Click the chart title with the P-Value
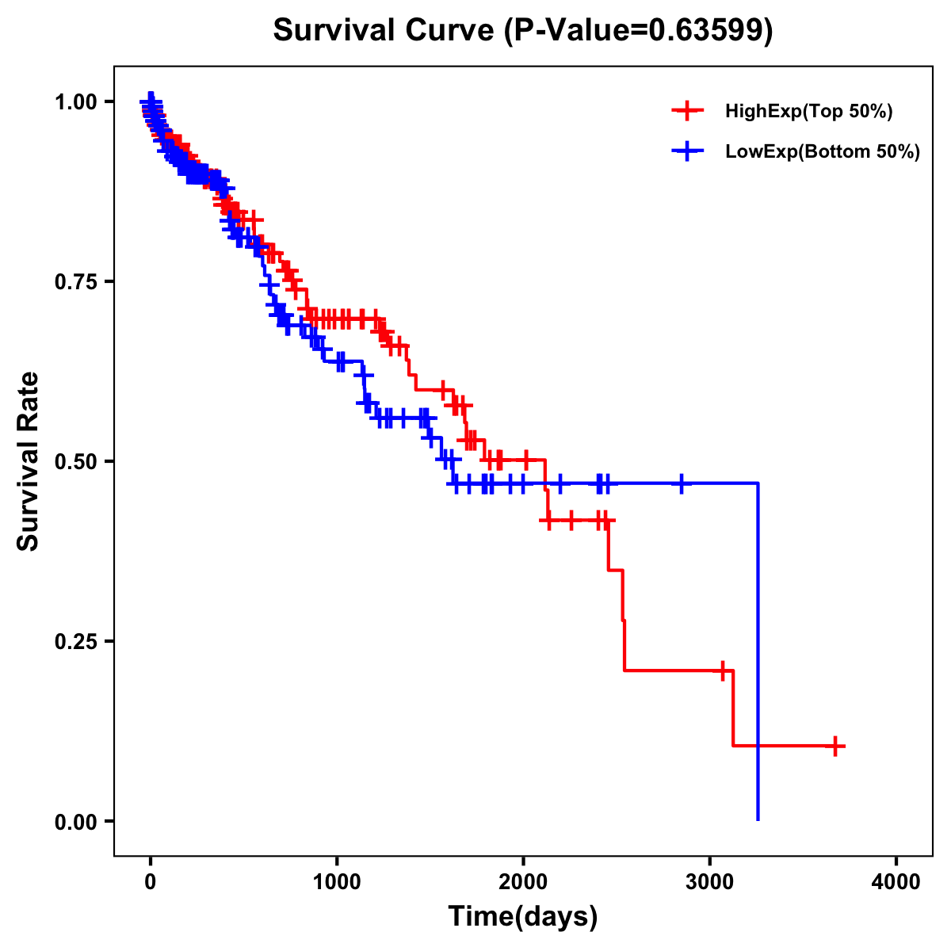point(522,30)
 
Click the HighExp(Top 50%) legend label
point(808,112)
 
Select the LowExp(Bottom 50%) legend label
point(823,152)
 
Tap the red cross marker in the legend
point(687,112)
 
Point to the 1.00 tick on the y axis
point(76,101)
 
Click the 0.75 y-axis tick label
point(76,281)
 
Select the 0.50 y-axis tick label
point(76,461)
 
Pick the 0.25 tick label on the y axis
point(76,641)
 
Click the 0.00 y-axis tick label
point(76,821)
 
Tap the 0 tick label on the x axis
point(151,883)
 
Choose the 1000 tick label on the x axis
point(337,883)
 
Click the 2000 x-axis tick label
point(523,883)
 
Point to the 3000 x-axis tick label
point(709,883)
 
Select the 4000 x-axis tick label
point(896,883)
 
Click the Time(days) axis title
point(523,917)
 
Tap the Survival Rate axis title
point(29,461)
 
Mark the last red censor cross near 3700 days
point(835,746)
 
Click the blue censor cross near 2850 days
point(681,483)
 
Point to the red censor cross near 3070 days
point(722,670)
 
